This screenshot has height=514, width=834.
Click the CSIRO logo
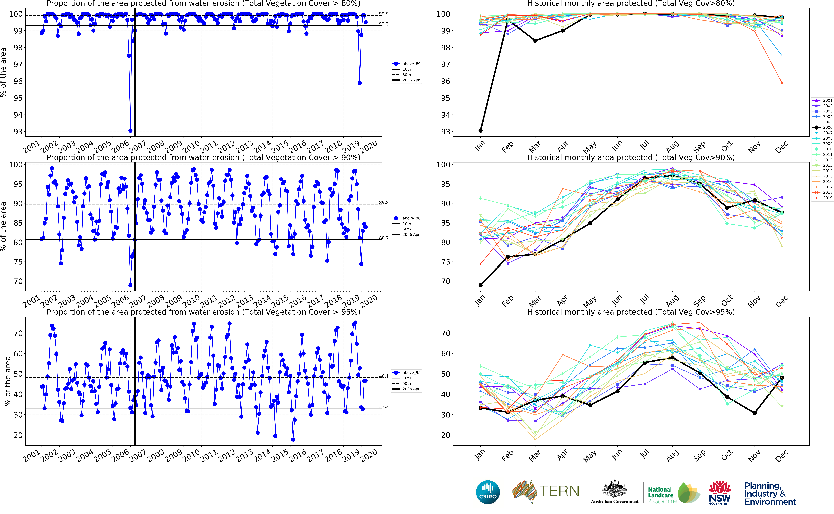488,492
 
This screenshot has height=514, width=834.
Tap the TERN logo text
559,491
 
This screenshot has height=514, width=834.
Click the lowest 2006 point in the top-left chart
130,131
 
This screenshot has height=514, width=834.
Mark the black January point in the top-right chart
480,131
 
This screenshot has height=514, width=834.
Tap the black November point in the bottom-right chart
755,413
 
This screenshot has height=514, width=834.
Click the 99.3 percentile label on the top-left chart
384,24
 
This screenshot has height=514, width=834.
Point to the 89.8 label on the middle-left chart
384,203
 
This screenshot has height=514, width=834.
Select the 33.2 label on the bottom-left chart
384,407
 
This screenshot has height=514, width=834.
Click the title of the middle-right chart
631,157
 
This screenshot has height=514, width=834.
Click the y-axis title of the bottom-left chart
7,381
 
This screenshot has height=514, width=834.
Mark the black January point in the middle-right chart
480,285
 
